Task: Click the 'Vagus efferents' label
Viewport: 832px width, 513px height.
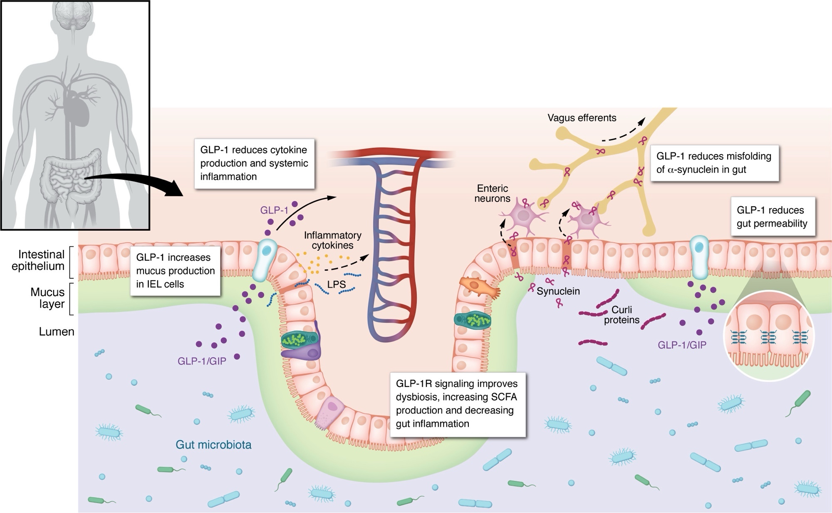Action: (582, 118)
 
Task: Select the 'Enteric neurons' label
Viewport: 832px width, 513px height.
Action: (492, 194)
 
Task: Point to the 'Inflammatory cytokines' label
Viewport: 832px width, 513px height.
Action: (332, 240)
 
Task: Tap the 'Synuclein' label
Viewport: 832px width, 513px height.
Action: (558, 291)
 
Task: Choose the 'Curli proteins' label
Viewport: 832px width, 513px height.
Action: (622, 315)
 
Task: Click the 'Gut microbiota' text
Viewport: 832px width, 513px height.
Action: (213, 445)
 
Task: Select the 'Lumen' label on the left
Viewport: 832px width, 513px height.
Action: (57, 332)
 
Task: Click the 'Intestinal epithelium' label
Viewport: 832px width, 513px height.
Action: (38, 260)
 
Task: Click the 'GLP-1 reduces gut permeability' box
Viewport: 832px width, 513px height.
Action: (772, 217)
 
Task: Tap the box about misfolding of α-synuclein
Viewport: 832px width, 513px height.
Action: (714, 163)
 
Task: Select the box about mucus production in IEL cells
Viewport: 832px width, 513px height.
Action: (175, 271)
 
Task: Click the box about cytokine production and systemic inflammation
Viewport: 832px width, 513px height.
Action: (254, 163)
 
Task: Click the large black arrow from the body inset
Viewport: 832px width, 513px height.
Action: (137, 184)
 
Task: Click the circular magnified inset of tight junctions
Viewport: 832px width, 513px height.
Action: (769, 336)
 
